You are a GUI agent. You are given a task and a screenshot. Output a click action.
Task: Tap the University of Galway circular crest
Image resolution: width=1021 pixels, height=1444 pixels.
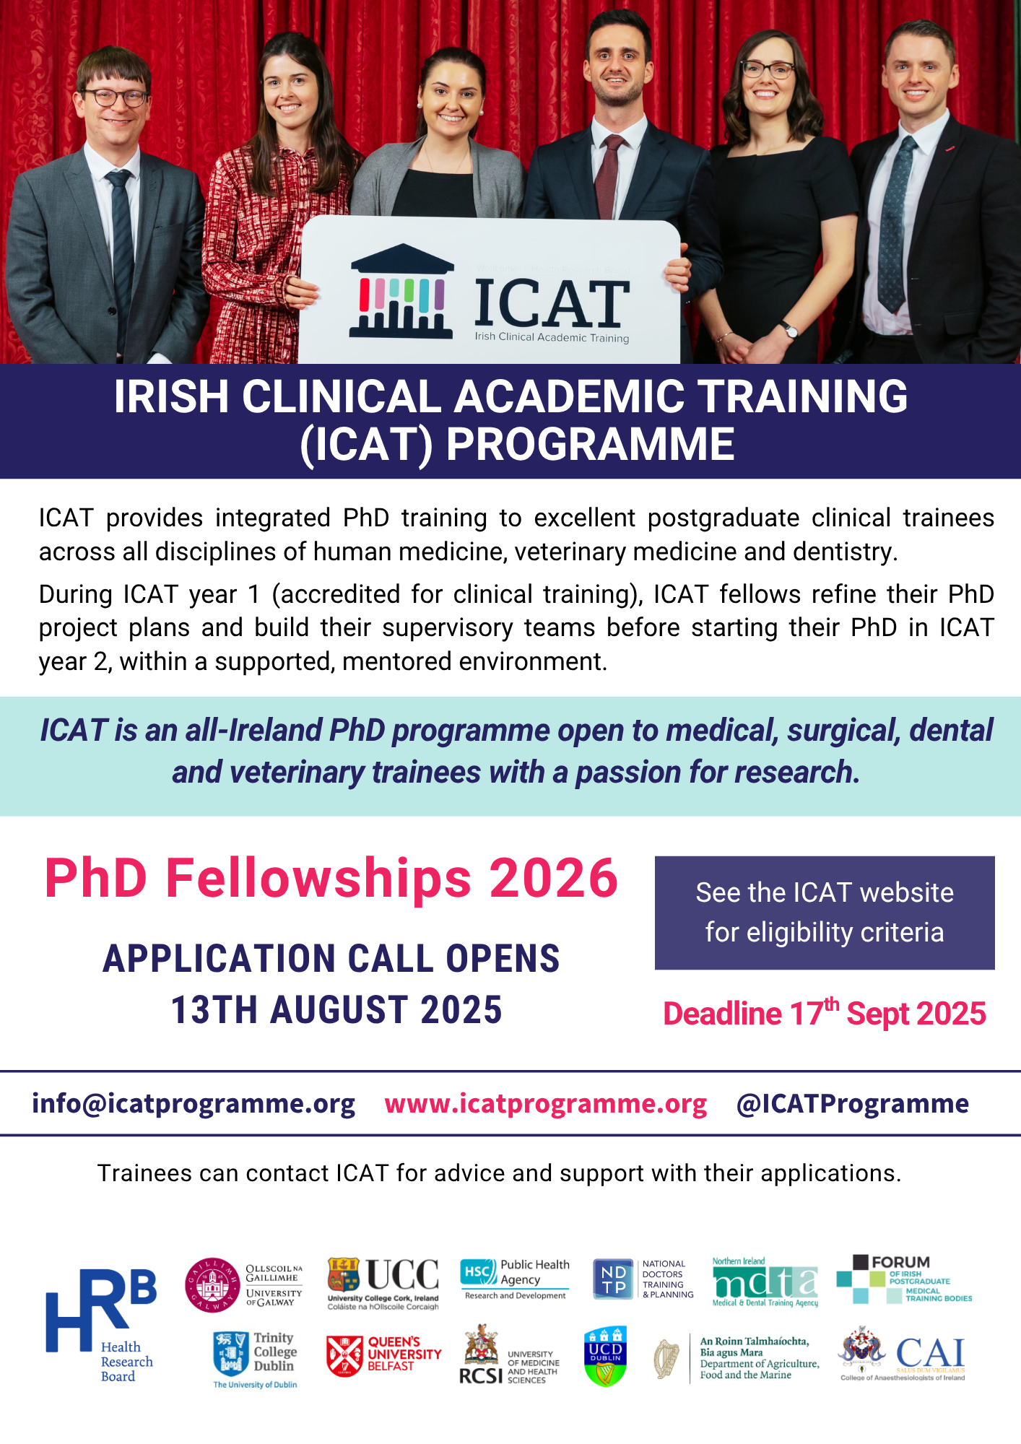click(212, 1285)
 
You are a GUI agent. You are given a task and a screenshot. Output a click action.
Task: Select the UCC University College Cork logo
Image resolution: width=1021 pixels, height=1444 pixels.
click(383, 1284)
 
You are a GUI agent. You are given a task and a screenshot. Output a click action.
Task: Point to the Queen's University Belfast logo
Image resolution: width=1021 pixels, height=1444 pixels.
click(383, 1354)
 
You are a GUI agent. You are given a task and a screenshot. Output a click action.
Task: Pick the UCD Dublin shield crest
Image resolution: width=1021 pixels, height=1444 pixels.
click(605, 1356)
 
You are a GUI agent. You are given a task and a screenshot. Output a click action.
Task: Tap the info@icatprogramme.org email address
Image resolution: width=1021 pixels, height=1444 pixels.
click(194, 1103)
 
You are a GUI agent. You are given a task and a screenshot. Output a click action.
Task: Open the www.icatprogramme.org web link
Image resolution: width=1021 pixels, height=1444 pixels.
click(546, 1103)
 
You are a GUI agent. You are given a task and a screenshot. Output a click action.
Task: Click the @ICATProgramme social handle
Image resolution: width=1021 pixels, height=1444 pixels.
click(853, 1103)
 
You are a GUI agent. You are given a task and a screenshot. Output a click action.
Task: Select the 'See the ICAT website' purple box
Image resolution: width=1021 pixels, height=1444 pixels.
click(825, 913)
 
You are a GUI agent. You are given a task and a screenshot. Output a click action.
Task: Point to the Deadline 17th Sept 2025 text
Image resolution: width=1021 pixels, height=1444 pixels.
click(825, 1012)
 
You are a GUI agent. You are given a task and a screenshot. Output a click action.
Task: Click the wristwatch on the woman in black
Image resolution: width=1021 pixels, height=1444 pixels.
click(791, 331)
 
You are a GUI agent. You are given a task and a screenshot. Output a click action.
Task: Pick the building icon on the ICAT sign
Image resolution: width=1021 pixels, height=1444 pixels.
click(401, 291)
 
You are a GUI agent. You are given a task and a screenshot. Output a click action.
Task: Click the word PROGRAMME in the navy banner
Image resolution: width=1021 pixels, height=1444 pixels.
click(590, 443)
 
